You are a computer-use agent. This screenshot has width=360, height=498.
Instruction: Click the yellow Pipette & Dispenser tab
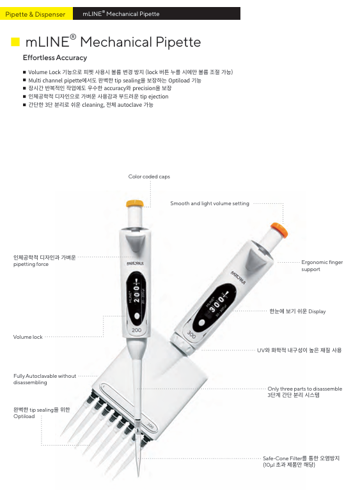[x=36, y=13]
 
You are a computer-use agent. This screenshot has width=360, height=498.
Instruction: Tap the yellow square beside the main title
[x=15, y=42]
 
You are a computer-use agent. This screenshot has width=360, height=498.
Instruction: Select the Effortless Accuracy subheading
[x=55, y=58]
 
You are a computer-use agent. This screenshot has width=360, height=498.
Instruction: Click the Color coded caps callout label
[x=149, y=176]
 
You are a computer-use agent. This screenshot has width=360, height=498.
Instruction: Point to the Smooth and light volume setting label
[x=210, y=203]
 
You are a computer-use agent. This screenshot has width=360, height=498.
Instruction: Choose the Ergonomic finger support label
[x=322, y=265]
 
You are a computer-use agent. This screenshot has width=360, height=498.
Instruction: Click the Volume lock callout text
[x=27, y=337]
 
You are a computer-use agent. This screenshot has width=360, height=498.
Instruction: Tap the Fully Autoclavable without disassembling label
[x=45, y=379]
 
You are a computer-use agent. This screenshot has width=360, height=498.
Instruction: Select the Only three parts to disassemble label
[x=305, y=389]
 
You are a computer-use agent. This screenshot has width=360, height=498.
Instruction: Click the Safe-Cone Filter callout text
[x=301, y=462]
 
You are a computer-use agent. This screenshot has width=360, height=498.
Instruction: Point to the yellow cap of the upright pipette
[x=135, y=203]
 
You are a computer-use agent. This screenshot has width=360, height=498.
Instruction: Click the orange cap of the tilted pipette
[x=279, y=230]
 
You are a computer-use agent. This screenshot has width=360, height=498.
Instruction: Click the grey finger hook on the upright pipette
[x=135, y=244]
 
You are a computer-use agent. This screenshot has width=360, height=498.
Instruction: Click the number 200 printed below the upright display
[x=137, y=331]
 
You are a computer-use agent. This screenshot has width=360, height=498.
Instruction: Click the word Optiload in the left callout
[x=24, y=416]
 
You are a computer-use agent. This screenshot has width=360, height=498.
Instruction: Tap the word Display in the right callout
[x=317, y=311]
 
